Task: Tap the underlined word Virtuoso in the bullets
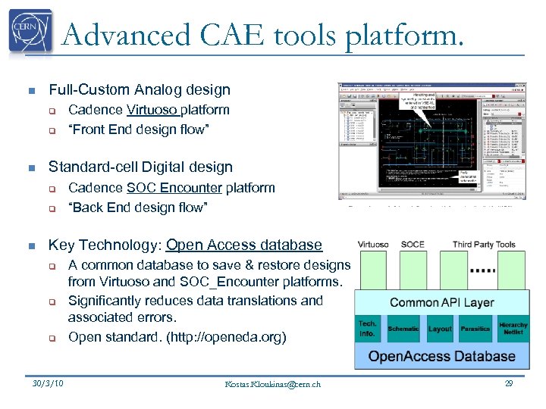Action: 152,110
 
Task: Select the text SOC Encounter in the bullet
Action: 174,188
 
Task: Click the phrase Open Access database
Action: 243,245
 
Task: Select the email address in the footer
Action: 273,384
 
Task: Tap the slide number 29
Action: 509,383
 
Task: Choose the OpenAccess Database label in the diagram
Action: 441,356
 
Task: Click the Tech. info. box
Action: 368,328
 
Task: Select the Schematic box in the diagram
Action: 403,329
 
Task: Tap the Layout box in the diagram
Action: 440,329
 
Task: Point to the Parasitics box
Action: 475,329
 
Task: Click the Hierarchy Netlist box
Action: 513,328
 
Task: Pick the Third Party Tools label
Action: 484,244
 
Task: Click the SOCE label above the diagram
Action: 413,244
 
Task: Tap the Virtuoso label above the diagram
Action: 373,244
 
